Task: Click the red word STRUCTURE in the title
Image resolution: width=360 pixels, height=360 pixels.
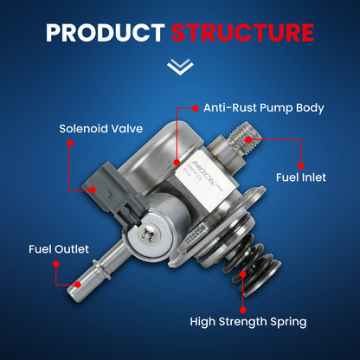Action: click(x=241, y=33)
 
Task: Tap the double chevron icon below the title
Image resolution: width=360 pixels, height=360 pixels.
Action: click(x=179, y=66)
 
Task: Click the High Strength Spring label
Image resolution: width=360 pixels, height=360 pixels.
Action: click(x=247, y=321)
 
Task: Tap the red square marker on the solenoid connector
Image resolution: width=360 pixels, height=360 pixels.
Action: click(x=90, y=187)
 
